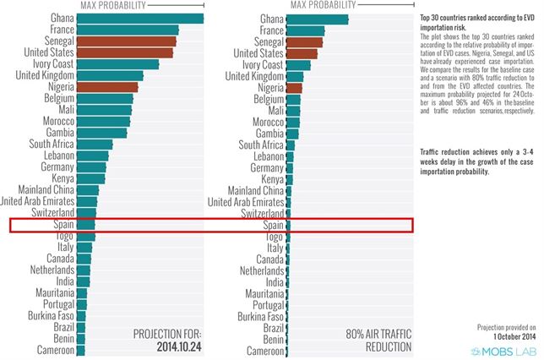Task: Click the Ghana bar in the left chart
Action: [x=139, y=19]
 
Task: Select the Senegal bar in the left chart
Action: [x=126, y=41]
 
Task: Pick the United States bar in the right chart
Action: [x=302, y=53]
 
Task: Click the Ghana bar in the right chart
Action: [x=318, y=19]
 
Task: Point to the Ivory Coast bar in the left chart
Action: [x=117, y=64]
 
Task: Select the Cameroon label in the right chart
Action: [x=264, y=351]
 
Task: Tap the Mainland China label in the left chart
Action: [x=43, y=190]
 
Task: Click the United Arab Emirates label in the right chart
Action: [x=246, y=202]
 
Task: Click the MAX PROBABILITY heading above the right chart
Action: [x=324, y=5]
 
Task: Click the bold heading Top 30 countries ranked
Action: [x=477, y=21]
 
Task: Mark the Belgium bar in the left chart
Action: [x=104, y=99]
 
